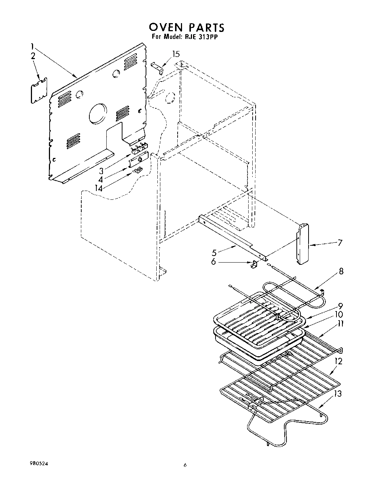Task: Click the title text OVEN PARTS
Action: pyautogui.click(x=186, y=27)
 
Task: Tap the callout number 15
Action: pyautogui.click(x=176, y=54)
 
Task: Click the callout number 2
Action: pyautogui.click(x=33, y=56)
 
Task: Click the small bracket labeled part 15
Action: pyautogui.click(x=157, y=68)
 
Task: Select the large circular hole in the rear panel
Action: pyautogui.click(x=98, y=113)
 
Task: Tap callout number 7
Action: pyautogui.click(x=340, y=243)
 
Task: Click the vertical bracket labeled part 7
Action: pyautogui.click(x=303, y=244)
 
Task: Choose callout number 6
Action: pyautogui.click(x=214, y=262)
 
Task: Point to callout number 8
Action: pyautogui.click(x=341, y=271)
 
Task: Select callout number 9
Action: pyautogui.click(x=341, y=306)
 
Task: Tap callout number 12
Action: pyautogui.click(x=338, y=361)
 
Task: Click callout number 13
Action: pyautogui.click(x=338, y=394)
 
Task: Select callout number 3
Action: pyautogui.click(x=101, y=171)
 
